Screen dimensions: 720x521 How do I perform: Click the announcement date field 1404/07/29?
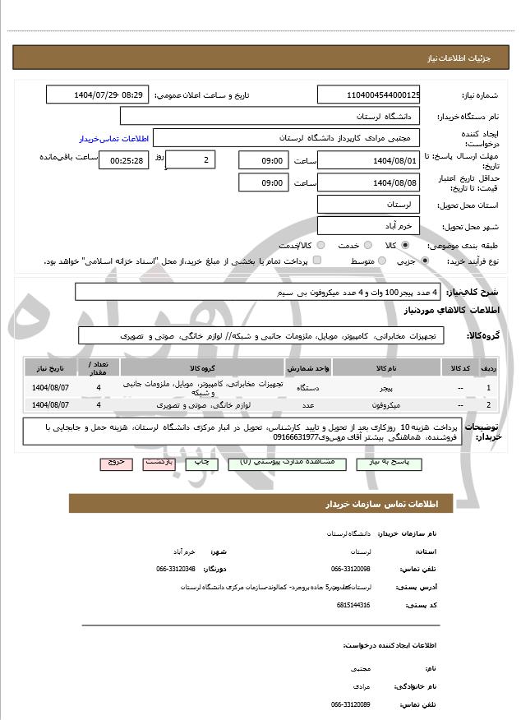pos(97,95)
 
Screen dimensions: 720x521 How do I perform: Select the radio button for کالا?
pos(405,245)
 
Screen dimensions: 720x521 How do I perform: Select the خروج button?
pos(116,463)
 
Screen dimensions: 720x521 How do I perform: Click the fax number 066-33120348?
pos(176,569)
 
